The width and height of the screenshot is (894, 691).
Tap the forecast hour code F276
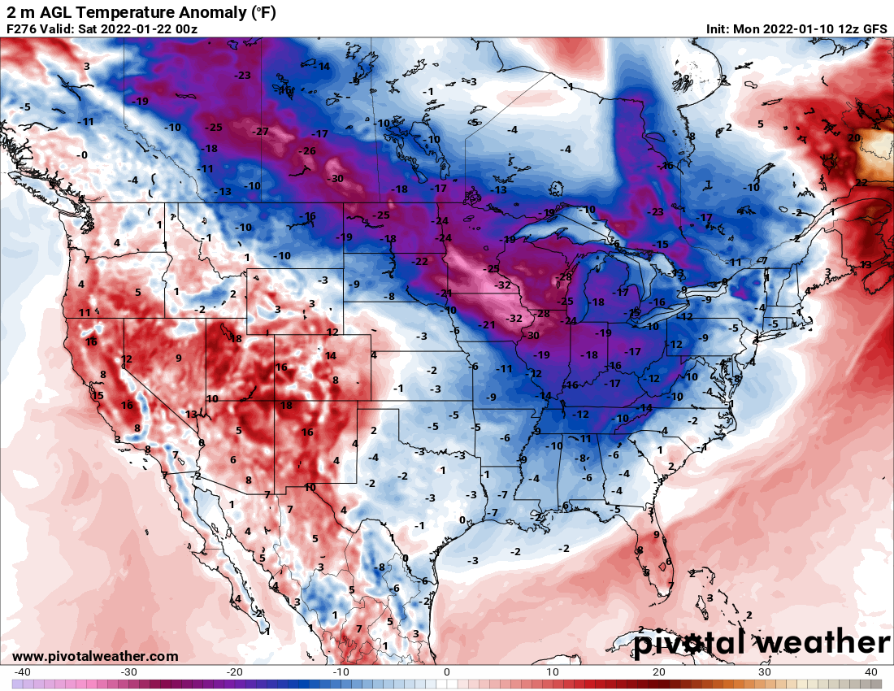pos(22,29)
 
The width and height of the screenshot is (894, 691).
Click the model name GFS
pos(874,29)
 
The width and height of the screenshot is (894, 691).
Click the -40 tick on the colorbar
pos(22,671)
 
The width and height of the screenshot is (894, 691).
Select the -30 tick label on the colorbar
pos(128,671)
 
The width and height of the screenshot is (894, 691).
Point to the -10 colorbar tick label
pos(340,671)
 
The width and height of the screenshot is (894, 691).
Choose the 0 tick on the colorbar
pos(447,671)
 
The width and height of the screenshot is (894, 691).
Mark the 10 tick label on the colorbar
pos(553,671)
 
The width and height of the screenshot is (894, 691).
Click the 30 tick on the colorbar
pos(765,671)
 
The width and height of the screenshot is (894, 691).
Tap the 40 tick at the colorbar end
pos(871,671)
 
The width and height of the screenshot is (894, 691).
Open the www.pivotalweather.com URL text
pos(95,656)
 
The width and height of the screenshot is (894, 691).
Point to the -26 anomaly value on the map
pos(307,151)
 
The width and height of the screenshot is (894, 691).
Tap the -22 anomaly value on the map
pos(419,262)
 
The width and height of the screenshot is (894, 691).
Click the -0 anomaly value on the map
pos(81,154)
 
